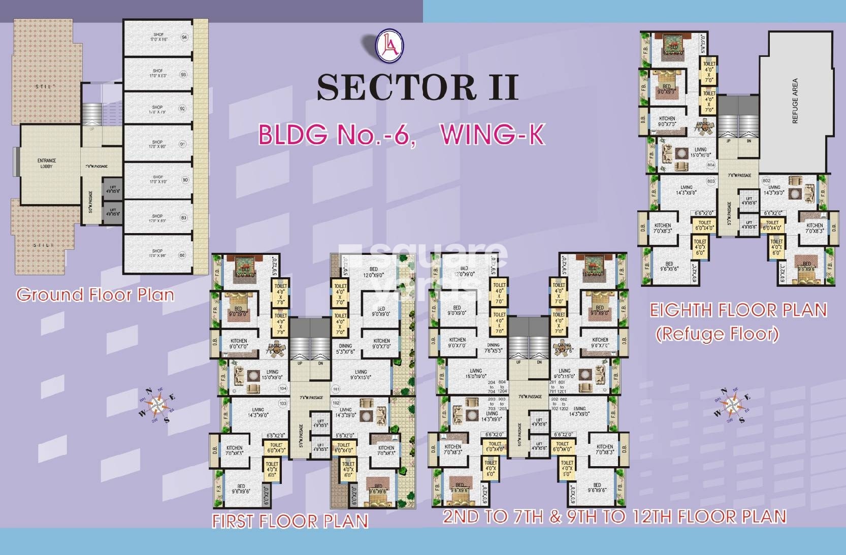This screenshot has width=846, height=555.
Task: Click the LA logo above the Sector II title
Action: [389, 45]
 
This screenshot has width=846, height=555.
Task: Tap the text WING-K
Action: [492, 135]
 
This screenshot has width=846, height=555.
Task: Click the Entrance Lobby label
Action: [47, 163]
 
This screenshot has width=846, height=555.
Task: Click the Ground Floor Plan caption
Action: [95, 295]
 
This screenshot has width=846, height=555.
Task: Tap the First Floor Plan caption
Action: [289, 521]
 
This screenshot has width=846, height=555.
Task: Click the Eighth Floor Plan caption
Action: [738, 310]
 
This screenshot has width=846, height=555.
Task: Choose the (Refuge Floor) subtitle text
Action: [717, 334]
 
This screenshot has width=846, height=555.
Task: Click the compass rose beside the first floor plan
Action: [158, 405]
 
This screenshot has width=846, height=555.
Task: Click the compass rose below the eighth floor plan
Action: [731, 405]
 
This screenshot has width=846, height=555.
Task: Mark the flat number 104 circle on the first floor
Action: [283, 388]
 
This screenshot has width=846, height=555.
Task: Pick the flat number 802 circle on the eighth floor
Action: [766, 181]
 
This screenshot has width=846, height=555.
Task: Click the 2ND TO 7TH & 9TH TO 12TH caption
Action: [614, 516]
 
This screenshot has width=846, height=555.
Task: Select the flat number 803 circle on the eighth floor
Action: [710, 181]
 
